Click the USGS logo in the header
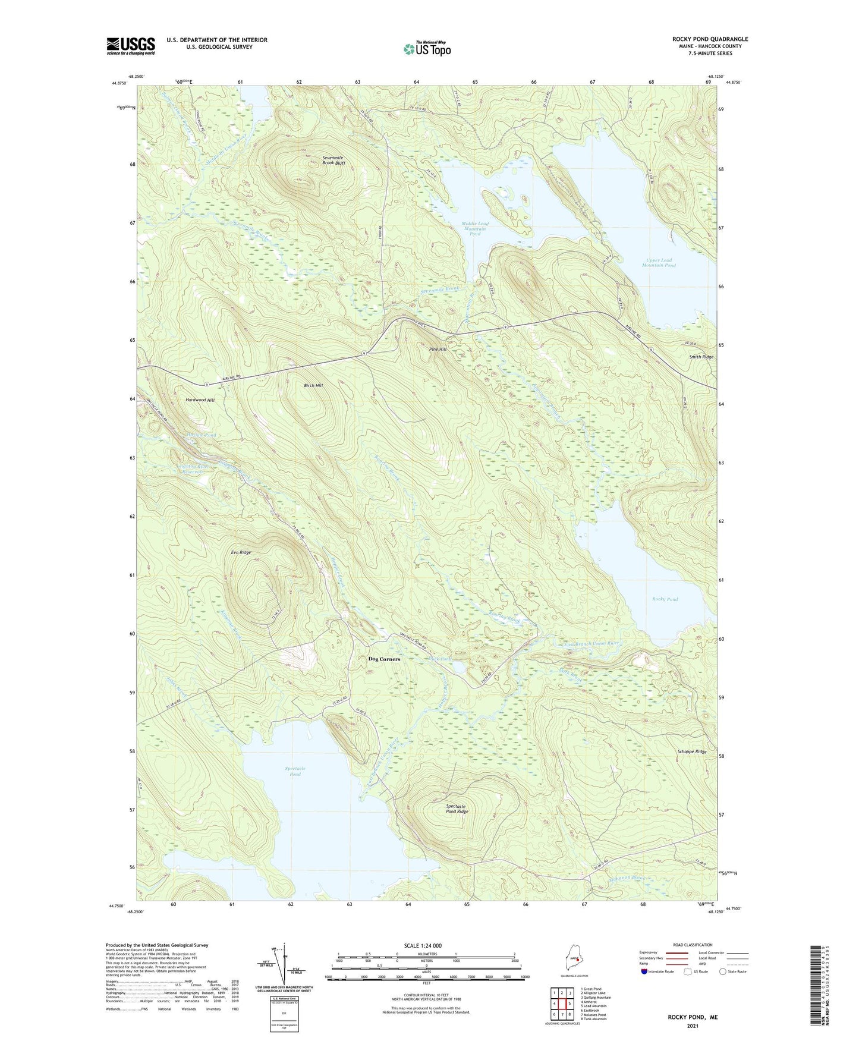coord(131,46)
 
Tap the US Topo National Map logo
coord(426,49)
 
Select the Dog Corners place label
coord(384,659)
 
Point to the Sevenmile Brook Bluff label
coord(333,161)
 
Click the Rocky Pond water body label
coord(664,599)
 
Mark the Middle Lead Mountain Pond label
coord(474,229)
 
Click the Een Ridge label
coord(241,552)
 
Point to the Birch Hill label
coord(313,386)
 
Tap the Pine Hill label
coord(438,350)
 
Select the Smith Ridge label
coord(701,357)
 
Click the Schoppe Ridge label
coord(692,751)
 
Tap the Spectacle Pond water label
coord(295,771)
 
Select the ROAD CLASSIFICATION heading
coord(693,945)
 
